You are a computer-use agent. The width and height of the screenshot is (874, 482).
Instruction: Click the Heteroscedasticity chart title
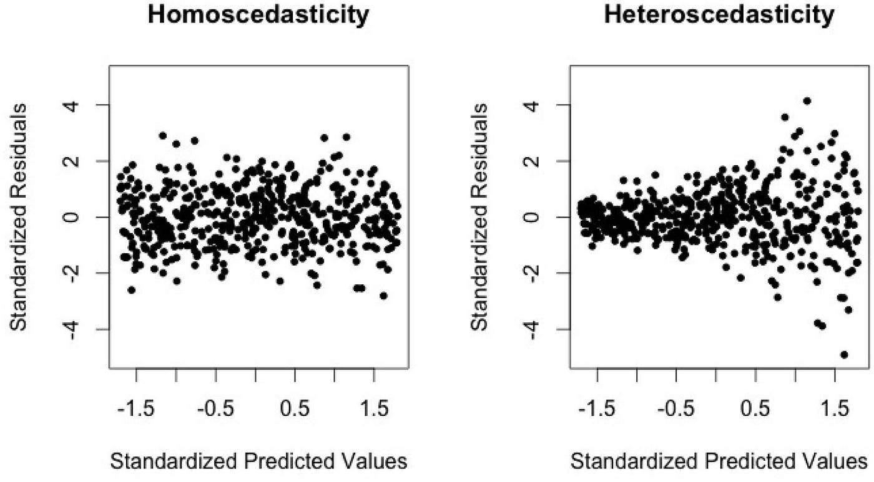(x=719, y=16)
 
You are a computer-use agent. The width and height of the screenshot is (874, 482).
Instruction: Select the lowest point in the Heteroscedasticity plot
(x=844, y=354)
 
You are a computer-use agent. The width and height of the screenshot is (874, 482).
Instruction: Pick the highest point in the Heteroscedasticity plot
(x=807, y=100)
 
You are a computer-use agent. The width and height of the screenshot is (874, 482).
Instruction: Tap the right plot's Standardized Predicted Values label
(x=719, y=462)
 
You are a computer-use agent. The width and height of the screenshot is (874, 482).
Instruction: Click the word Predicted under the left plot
(x=283, y=462)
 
